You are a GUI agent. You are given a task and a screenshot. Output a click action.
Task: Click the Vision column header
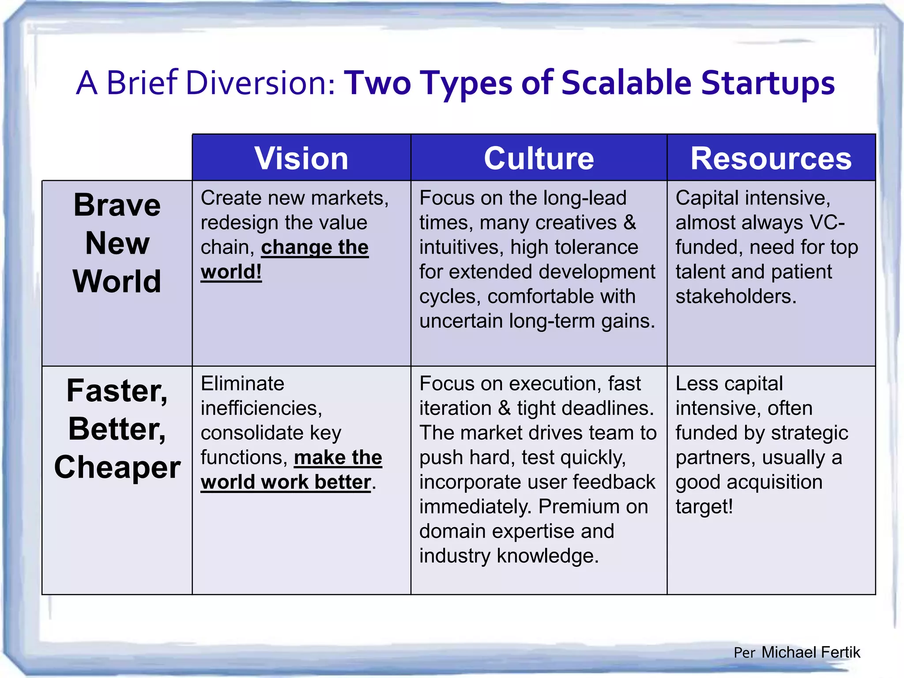(x=301, y=158)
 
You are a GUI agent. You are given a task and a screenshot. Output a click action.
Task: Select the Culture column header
(x=539, y=158)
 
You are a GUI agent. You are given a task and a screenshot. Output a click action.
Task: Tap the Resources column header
(x=771, y=158)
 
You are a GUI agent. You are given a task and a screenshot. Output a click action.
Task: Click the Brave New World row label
(x=117, y=243)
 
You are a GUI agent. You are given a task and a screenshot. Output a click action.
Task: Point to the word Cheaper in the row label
(x=117, y=467)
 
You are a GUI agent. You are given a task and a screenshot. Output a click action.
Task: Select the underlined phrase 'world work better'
(x=285, y=482)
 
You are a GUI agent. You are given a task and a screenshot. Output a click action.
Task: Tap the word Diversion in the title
(x=260, y=83)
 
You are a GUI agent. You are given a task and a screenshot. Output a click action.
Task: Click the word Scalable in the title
(x=626, y=83)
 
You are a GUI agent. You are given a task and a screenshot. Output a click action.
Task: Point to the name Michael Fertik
(x=810, y=652)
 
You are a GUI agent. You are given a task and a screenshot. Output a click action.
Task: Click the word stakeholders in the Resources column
(x=735, y=296)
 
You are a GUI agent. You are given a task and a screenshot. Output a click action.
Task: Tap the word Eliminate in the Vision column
(x=242, y=383)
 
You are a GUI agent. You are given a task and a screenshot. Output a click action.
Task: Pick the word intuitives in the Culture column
(x=460, y=247)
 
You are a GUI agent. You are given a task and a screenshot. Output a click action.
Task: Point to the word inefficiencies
(x=261, y=408)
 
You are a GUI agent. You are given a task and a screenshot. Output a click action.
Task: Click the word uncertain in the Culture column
(x=462, y=321)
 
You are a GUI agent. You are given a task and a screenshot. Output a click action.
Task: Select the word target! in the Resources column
(x=704, y=507)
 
